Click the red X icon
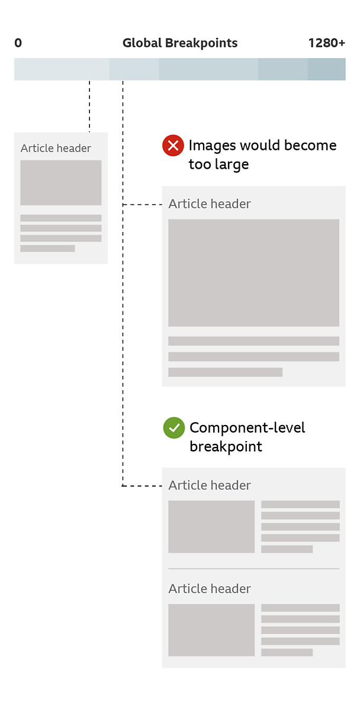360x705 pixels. click(173, 146)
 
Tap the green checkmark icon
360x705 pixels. click(173, 427)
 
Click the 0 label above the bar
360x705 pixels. click(18, 43)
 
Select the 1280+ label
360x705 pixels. click(327, 43)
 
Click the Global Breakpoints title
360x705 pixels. click(180, 43)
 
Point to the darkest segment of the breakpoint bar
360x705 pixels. click(327, 69)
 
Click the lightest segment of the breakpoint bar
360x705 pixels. click(62, 69)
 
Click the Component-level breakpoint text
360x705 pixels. click(247, 437)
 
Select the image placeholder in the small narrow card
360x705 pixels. click(61, 182)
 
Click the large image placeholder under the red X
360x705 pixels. click(254, 272)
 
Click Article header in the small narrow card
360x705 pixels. click(56, 149)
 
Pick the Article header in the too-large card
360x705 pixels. click(210, 204)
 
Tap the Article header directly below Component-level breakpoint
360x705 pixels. click(210, 485)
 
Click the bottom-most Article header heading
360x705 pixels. click(210, 588)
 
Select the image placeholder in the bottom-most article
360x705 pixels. click(211, 630)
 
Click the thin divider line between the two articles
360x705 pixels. click(254, 569)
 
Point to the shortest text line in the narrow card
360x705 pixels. click(48, 248)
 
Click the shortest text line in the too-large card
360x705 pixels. click(226, 372)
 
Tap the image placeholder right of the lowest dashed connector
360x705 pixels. click(211, 526)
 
